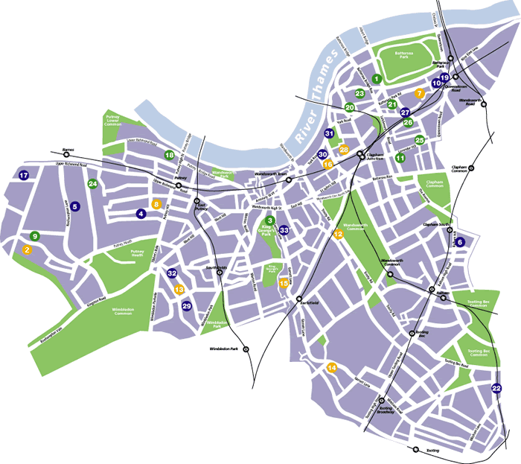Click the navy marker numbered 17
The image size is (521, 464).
24,176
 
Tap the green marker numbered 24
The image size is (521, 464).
92,183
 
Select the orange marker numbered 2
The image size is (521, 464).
28,250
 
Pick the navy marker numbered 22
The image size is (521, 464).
496,388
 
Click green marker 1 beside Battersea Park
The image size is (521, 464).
377,78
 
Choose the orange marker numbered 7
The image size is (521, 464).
420,94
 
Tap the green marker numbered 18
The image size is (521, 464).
170,155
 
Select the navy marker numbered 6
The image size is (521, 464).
460,241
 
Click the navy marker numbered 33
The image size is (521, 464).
284,231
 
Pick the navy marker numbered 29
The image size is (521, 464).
187,305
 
